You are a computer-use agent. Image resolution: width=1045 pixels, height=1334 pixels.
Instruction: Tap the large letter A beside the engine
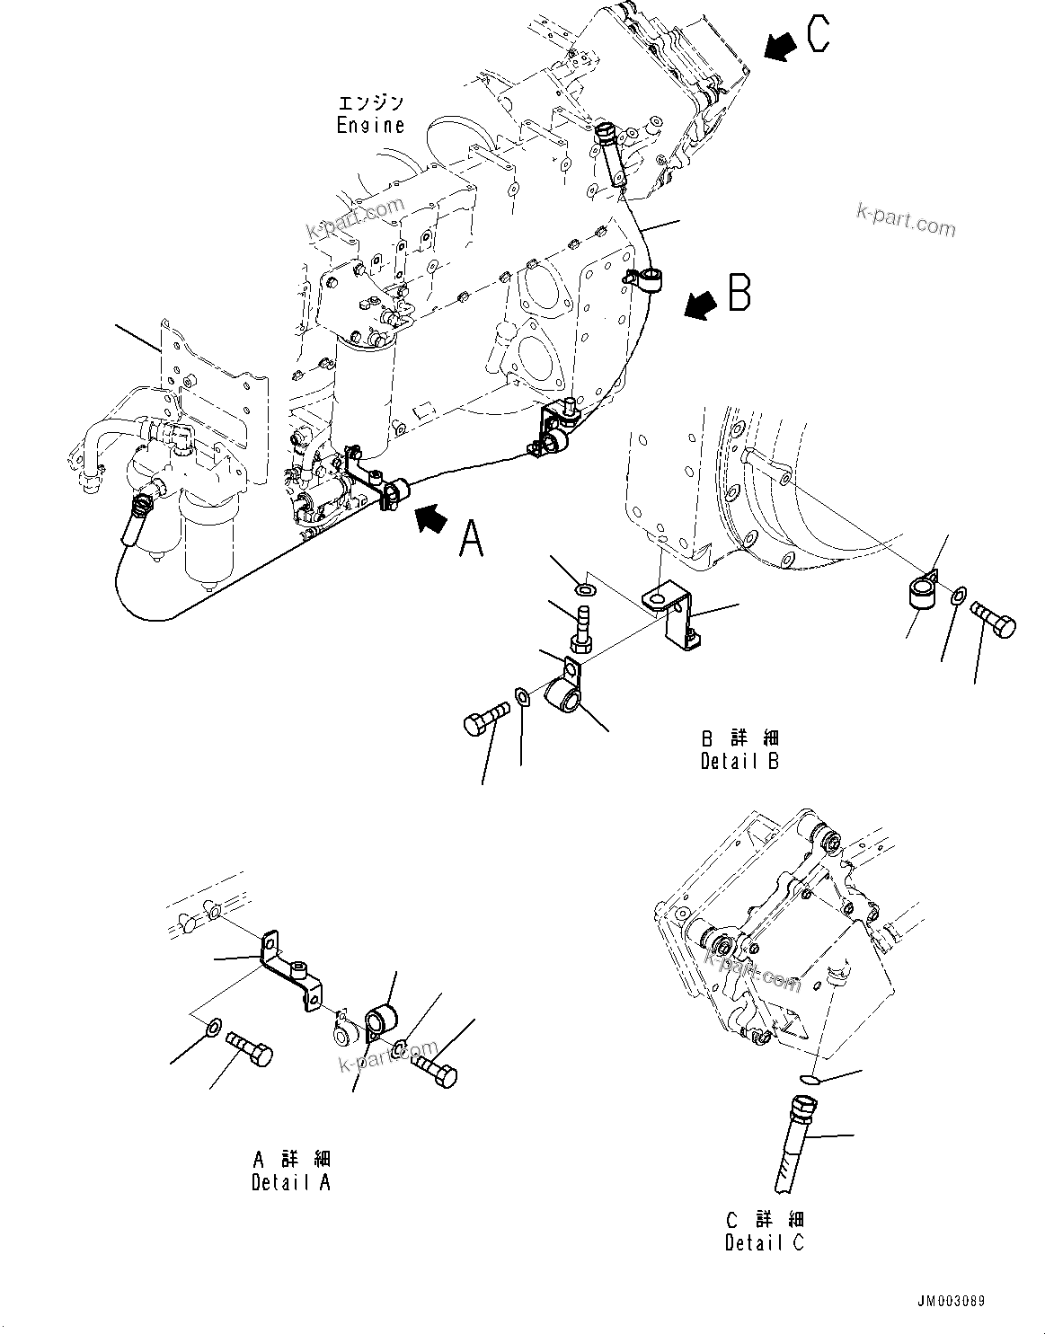(x=472, y=538)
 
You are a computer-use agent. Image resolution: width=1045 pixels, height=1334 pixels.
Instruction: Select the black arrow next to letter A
(x=430, y=519)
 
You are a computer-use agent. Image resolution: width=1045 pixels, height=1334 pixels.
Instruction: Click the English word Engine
(x=370, y=126)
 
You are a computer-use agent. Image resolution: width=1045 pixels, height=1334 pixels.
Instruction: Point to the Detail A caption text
(x=290, y=1182)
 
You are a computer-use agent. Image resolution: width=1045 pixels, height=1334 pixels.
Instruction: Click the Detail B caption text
(x=739, y=760)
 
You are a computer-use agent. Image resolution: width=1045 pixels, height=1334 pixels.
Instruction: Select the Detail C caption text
(x=765, y=1242)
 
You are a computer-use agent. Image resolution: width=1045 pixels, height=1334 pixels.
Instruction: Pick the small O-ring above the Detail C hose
(x=807, y=1079)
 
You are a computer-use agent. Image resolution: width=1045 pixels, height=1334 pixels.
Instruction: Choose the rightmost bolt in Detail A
(x=435, y=1069)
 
